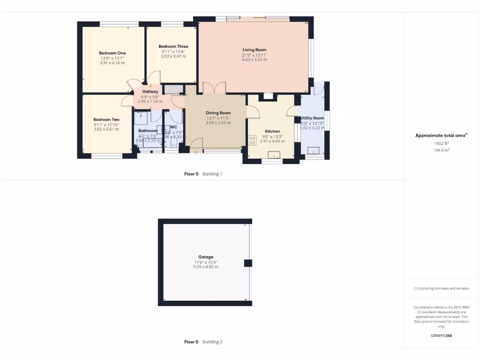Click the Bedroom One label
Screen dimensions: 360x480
(x=112, y=53)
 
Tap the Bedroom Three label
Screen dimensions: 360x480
(x=173, y=46)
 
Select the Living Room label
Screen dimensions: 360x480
(x=255, y=50)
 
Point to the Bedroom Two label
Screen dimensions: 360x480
(x=106, y=120)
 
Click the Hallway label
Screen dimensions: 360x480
(x=150, y=92)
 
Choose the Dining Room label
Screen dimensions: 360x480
(x=218, y=113)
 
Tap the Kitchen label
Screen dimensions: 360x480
(x=272, y=131)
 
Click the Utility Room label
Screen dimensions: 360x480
(x=313, y=118)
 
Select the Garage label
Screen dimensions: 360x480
(x=206, y=257)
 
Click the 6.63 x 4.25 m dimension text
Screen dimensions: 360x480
(x=255, y=60)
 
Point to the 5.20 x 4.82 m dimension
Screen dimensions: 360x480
(x=206, y=267)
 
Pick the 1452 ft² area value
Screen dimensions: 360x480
(x=441, y=143)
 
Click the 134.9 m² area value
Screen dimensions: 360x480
(x=441, y=150)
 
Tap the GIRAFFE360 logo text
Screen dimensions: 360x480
(x=442, y=336)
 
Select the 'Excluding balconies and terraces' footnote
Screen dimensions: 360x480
(x=441, y=289)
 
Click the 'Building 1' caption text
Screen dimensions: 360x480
(x=212, y=174)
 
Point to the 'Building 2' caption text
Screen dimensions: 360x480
(x=212, y=342)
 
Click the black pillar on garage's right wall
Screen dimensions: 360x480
(x=247, y=263)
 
